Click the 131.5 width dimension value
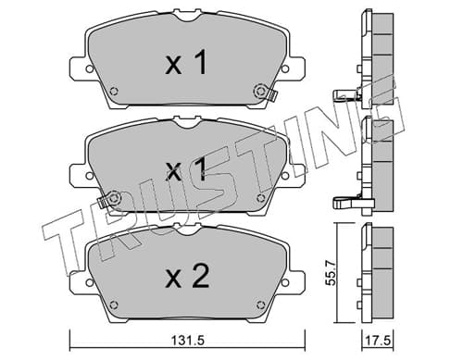188,341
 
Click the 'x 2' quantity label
188,276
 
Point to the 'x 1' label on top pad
186,63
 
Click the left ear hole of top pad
90,68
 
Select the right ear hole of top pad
284,68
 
